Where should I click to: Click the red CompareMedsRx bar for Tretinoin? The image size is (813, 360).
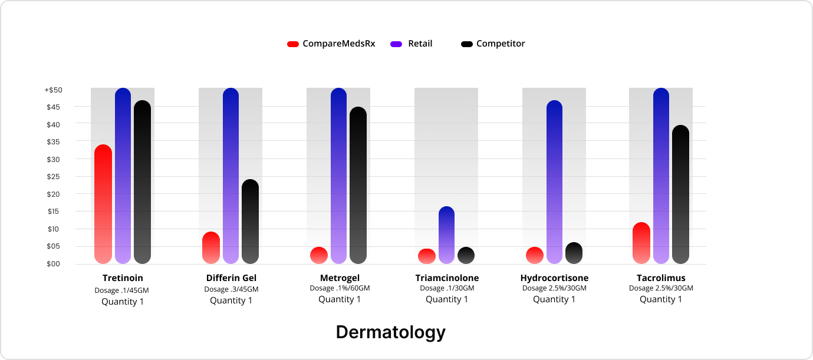pos(103,204)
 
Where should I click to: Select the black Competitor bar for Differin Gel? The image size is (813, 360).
pos(250,222)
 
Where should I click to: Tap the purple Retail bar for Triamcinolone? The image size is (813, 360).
pos(447,235)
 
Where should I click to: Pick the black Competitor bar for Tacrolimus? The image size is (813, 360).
pos(680,194)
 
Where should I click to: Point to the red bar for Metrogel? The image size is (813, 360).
pos(319,255)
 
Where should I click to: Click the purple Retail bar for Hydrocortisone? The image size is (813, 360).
pos(554,182)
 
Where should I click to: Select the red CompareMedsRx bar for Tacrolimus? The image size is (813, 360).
pos(641,243)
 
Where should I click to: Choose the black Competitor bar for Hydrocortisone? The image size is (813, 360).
pos(574,253)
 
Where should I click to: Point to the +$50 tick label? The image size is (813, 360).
pos(53,90)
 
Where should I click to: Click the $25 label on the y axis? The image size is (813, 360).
pos(54,177)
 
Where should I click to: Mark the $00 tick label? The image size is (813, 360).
pos(54,264)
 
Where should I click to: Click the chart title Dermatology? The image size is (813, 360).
pos(391,332)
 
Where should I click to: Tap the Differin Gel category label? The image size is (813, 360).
pos(231,278)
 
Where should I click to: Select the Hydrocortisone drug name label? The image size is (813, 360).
pos(554,278)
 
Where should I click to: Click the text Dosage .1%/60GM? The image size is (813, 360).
pos(340,288)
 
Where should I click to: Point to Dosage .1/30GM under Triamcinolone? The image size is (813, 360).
pos(447,288)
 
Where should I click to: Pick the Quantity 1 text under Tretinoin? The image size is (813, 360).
pos(123,302)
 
